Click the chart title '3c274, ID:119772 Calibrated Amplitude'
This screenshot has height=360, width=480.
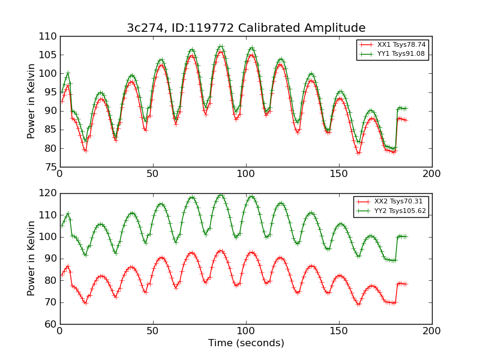pyautogui.click(x=246, y=28)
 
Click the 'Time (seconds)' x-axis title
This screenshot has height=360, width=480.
pyautogui.click(x=246, y=343)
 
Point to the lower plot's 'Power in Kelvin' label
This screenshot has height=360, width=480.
pyautogui.click(x=32, y=258)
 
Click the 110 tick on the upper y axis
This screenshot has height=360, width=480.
pyautogui.click(x=50, y=37)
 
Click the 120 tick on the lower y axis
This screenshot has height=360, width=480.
pyautogui.click(x=50, y=193)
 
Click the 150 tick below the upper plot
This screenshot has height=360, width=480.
pyautogui.click(x=339, y=173)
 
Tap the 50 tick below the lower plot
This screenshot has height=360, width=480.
pyautogui.click(x=153, y=331)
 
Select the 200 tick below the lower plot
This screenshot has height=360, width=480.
pyautogui.click(x=432, y=331)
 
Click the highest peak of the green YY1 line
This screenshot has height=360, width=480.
pyautogui.click(x=221, y=46)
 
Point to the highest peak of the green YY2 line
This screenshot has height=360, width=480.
pyautogui.click(x=221, y=195)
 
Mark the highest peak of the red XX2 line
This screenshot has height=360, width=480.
pyautogui.click(x=221, y=251)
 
